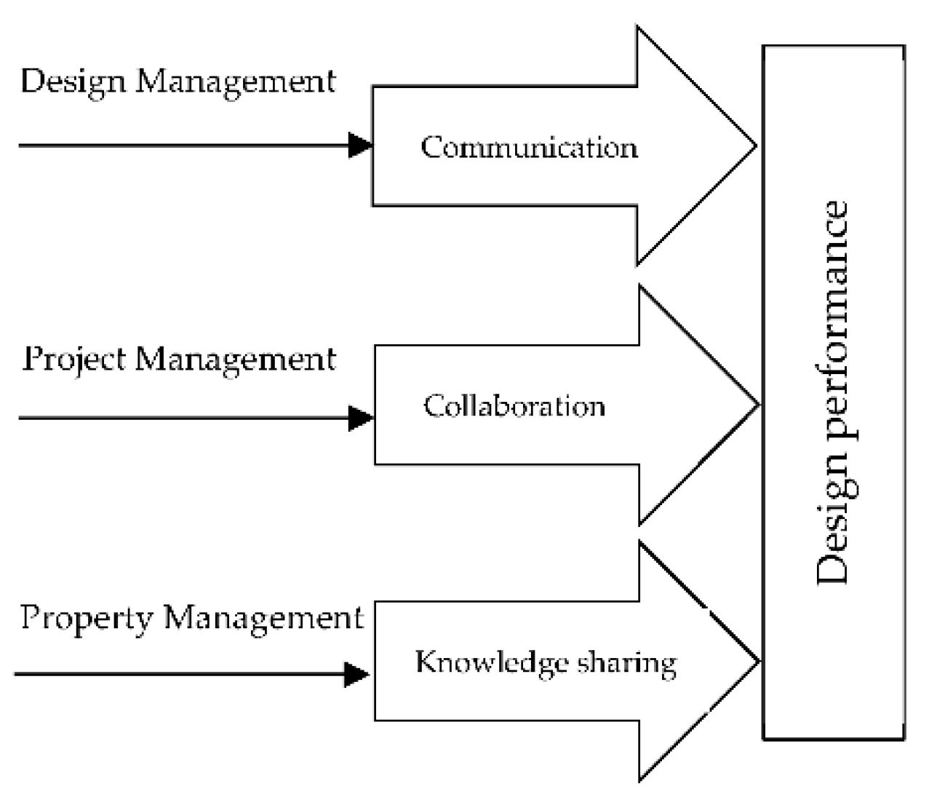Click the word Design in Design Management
click(x=73, y=82)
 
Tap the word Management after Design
click(x=236, y=82)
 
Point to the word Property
click(x=87, y=618)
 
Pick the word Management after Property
click(x=263, y=618)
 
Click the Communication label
click(x=529, y=148)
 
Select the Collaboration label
click(x=514, y=405)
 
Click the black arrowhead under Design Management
click(x=360, y=146)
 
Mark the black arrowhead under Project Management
click(x=361, y=418)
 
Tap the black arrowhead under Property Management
click(x=356, y=674)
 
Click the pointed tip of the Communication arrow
click(x=754, y=146)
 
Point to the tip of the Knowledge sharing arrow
click(x=757, y=661)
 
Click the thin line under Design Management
click(x=182, y=146)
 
